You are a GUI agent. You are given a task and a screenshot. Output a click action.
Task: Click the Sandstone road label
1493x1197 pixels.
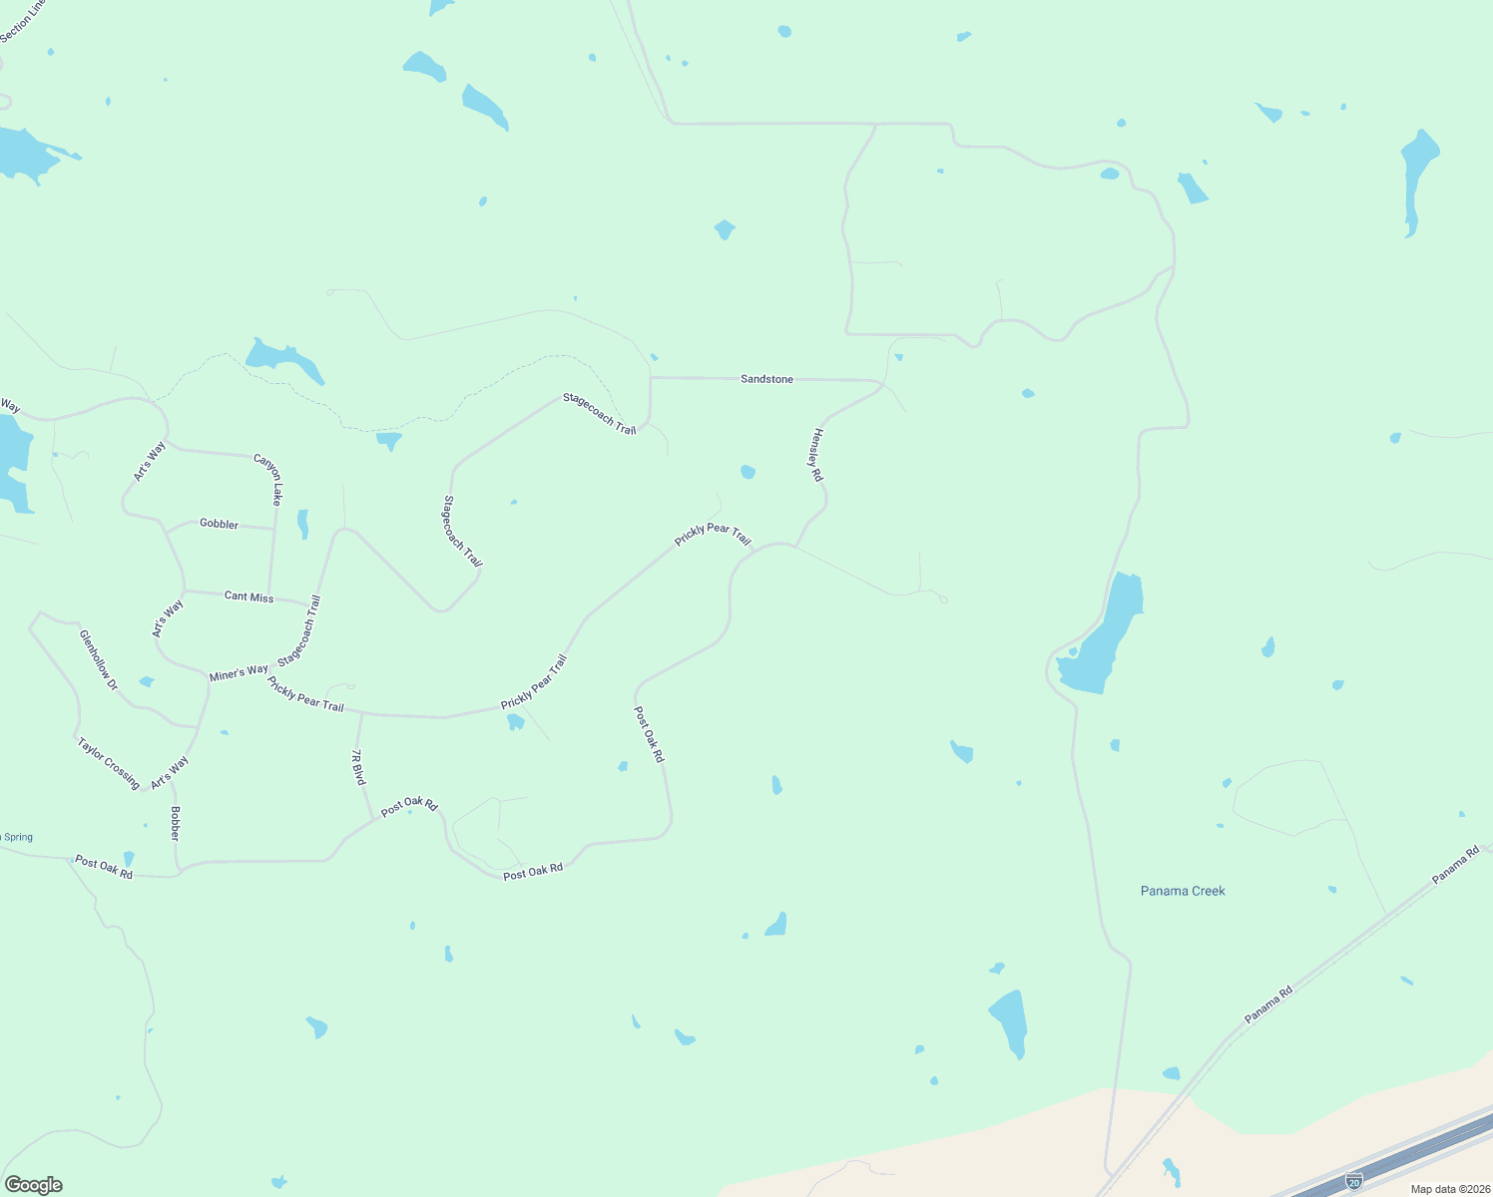766,379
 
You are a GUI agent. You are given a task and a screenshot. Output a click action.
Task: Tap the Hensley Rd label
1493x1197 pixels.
816,455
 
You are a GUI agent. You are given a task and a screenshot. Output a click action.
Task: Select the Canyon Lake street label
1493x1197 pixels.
269,479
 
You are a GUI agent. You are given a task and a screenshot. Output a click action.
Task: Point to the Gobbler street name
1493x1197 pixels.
219,524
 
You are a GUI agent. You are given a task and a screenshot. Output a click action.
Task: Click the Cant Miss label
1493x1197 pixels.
249,597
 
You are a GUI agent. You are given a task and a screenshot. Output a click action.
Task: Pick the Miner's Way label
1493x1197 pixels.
239,672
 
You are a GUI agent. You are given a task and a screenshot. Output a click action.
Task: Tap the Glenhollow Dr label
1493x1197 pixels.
98,660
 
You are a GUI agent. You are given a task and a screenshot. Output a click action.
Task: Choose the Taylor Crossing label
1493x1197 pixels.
108,763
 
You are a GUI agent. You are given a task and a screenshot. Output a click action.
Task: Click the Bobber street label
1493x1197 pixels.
175,823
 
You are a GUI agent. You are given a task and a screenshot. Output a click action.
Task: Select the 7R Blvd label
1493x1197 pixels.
358,767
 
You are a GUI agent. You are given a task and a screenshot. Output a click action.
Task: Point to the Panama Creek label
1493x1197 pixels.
1183,891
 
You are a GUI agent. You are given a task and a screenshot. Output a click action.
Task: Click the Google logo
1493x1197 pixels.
33,1185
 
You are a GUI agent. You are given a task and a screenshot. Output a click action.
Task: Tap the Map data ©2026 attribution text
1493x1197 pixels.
1449,1189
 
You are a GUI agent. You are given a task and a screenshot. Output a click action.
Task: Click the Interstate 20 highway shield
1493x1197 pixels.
1353,1181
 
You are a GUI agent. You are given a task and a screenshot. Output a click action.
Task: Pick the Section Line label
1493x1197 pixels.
22,21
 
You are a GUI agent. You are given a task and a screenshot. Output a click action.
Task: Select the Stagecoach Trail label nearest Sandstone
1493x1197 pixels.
599,413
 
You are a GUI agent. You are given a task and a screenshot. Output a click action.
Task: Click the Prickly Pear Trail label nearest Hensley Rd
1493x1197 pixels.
712,535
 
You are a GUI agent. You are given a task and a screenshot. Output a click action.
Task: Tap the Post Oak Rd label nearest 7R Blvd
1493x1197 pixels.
409,805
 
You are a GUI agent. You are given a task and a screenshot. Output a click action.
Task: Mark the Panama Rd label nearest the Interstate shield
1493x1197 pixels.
1268,1004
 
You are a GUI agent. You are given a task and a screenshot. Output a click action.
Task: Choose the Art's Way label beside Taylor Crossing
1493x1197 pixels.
170,772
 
